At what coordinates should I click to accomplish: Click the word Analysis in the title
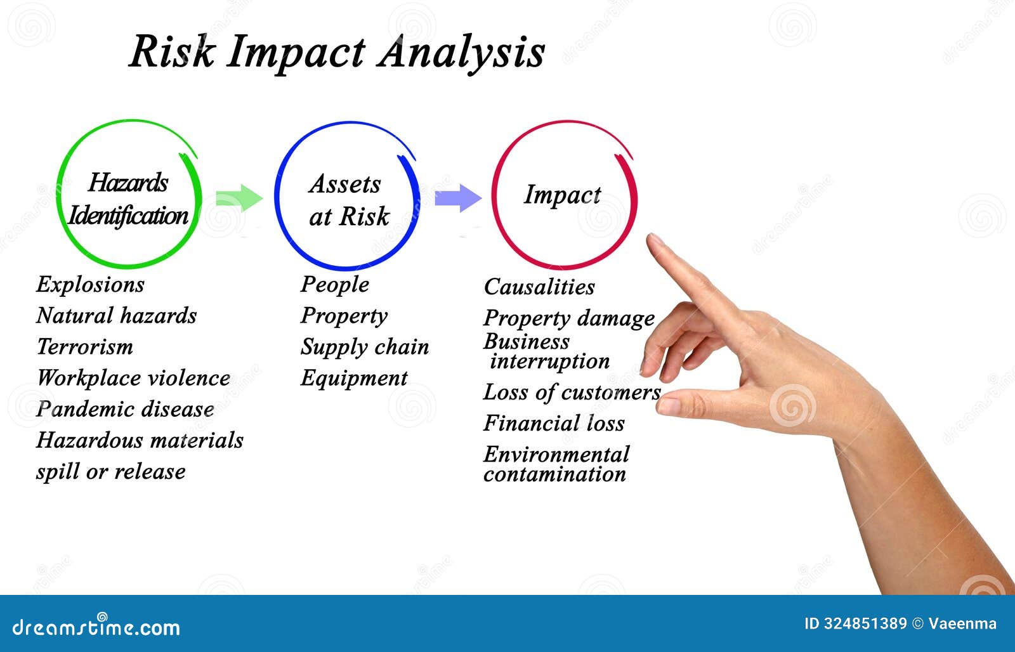pyautogui.click(x=461, y=52)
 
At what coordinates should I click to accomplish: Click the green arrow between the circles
pyautogui.click(x=239, y=199)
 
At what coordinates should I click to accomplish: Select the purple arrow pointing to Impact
pyautogui.click(x=457, y=198)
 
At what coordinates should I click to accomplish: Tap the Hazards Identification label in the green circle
pyautogui.click(x=128, y=199)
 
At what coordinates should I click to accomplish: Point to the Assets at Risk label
pyautogui.click(x=348, y=200)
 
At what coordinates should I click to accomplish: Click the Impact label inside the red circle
pyautogui.click(x=562, y=195)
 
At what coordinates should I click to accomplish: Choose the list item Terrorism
pyautogui.click(x=84, y=347)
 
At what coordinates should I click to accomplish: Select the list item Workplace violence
pyautogui.click(x=133, y=378)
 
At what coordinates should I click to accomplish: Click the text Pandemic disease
pyautogui.click(x=125, y=409)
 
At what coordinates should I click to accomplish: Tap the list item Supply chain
pyautogui.click(x=364, y=347)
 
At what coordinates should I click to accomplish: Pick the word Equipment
pyautogui.click(x=353, y=378)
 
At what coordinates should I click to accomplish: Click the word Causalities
pyautogui.click(x=539, y=287)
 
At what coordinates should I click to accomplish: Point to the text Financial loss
pyautogui.click(x=554, y=423)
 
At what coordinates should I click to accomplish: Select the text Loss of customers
pyautogui.click(x=572, y=392)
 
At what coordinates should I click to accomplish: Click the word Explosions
pyautogui.click(x=90, y=284)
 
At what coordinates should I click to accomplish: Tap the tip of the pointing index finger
pyautogui.click(x=654, y=240)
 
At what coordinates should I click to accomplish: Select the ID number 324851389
pyautogui.click(x=865, y=623)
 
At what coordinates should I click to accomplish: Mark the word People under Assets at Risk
pyautogui.click(x=334, y=284)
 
